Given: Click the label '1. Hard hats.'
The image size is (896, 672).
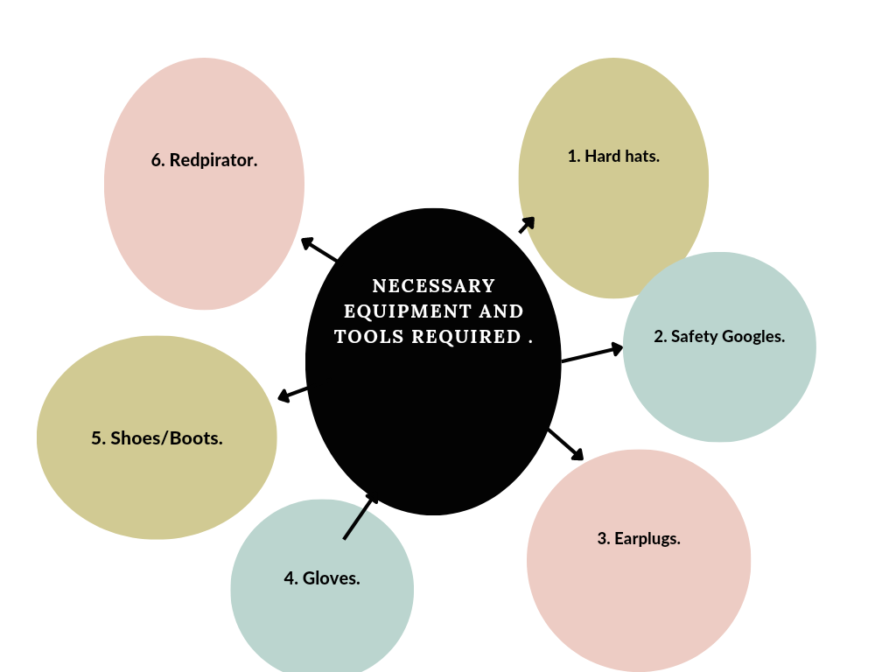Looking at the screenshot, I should tap(613, 157).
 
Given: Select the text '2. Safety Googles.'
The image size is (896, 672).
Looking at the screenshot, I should tap(719, 336).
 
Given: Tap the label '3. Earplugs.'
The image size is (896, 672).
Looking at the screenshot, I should tap(639, 538).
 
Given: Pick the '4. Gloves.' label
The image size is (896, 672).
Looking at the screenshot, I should tap(322, 577).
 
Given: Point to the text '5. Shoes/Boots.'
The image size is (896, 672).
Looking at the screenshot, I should tap(157, 438).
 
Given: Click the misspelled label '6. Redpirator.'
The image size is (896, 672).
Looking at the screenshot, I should tap(204, 160).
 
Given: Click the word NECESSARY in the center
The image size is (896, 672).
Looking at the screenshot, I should tap(433, 286).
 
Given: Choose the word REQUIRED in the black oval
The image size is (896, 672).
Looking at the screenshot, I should tap(472, 337).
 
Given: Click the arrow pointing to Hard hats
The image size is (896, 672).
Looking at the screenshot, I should tap(527, 225).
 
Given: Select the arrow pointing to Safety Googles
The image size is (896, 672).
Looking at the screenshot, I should tap(592, 353).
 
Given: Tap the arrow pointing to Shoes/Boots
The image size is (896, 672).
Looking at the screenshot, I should tap(292, 393).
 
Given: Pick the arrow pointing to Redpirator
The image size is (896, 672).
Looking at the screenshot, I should tap(319, 249).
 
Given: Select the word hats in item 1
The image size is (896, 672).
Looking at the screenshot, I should tap(641, 157).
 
